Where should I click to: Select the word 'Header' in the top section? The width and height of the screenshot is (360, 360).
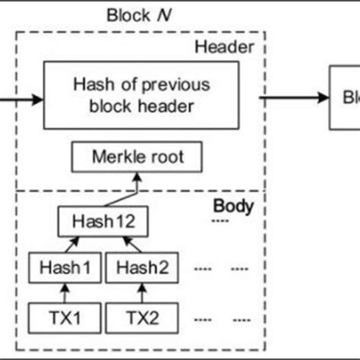223,46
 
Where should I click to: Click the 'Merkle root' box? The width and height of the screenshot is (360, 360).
137,158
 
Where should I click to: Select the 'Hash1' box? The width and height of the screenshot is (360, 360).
65,268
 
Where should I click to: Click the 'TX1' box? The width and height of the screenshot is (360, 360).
65,314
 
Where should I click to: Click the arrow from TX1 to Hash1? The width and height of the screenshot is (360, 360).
65,292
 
